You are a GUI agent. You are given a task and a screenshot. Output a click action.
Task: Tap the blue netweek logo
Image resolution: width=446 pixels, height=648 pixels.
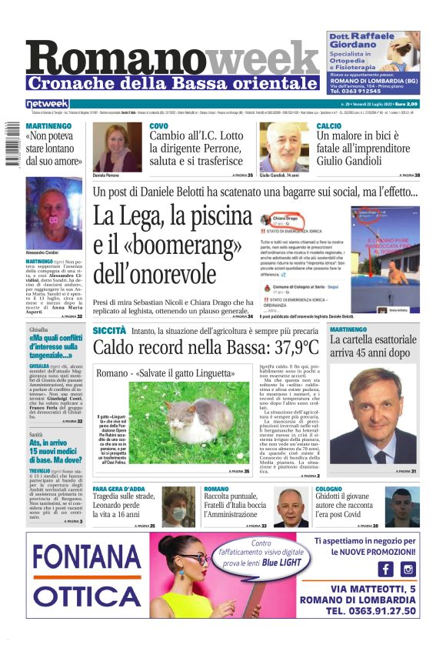(x=47, y=104)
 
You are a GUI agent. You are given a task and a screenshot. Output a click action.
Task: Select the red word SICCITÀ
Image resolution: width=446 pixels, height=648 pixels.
(x=109, y=330)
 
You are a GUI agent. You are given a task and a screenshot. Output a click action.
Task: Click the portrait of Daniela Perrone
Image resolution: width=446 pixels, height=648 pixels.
(x=117, y=147)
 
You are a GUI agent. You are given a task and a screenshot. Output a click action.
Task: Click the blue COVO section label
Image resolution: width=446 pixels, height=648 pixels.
(x=158, y=125)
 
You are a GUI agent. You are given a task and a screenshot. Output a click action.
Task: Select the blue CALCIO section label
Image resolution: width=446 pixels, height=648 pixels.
(x=329, y=125)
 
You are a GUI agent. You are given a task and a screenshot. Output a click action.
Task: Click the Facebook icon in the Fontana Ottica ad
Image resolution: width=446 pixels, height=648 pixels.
(x=386, y=569)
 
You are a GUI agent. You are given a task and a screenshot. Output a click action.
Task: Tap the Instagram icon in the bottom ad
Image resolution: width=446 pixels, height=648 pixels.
(x=408, y=569)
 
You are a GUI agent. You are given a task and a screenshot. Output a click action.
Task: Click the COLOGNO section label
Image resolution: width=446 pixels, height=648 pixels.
(x=328, y=489)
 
